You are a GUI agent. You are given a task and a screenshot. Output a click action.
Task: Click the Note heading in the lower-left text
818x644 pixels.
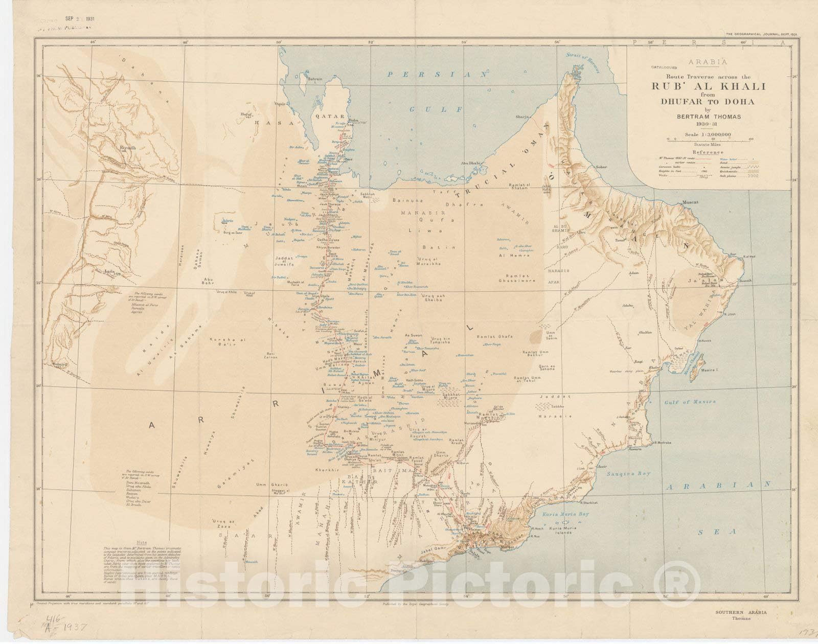pos(142,543)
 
